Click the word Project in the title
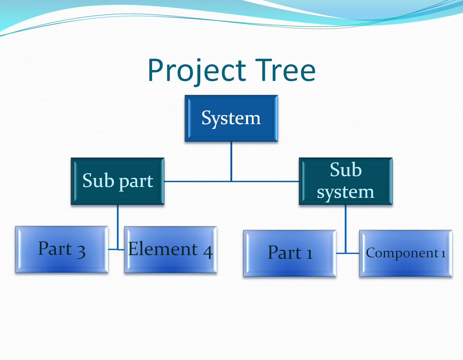[x=197, y=72]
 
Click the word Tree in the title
[x=285, y=70]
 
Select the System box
[x=231, y=118]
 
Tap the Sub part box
[x=118, y=181]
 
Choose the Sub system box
[x=345, y=181]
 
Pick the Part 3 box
[x=62, y=249]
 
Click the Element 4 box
[x=171, y=249]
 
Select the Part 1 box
[x=290, y=253]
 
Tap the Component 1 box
[x=406, y=253]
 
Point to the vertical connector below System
[x=231, y=161]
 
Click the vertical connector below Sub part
[x=118, y=227]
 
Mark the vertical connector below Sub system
[x=345, y=229]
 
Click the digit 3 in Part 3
[x=81, y=251]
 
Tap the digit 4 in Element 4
[x=208, y=252]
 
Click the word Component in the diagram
[x=402, y=253]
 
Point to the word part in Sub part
[x=136, y=182]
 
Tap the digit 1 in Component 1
[x=443, y=254]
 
